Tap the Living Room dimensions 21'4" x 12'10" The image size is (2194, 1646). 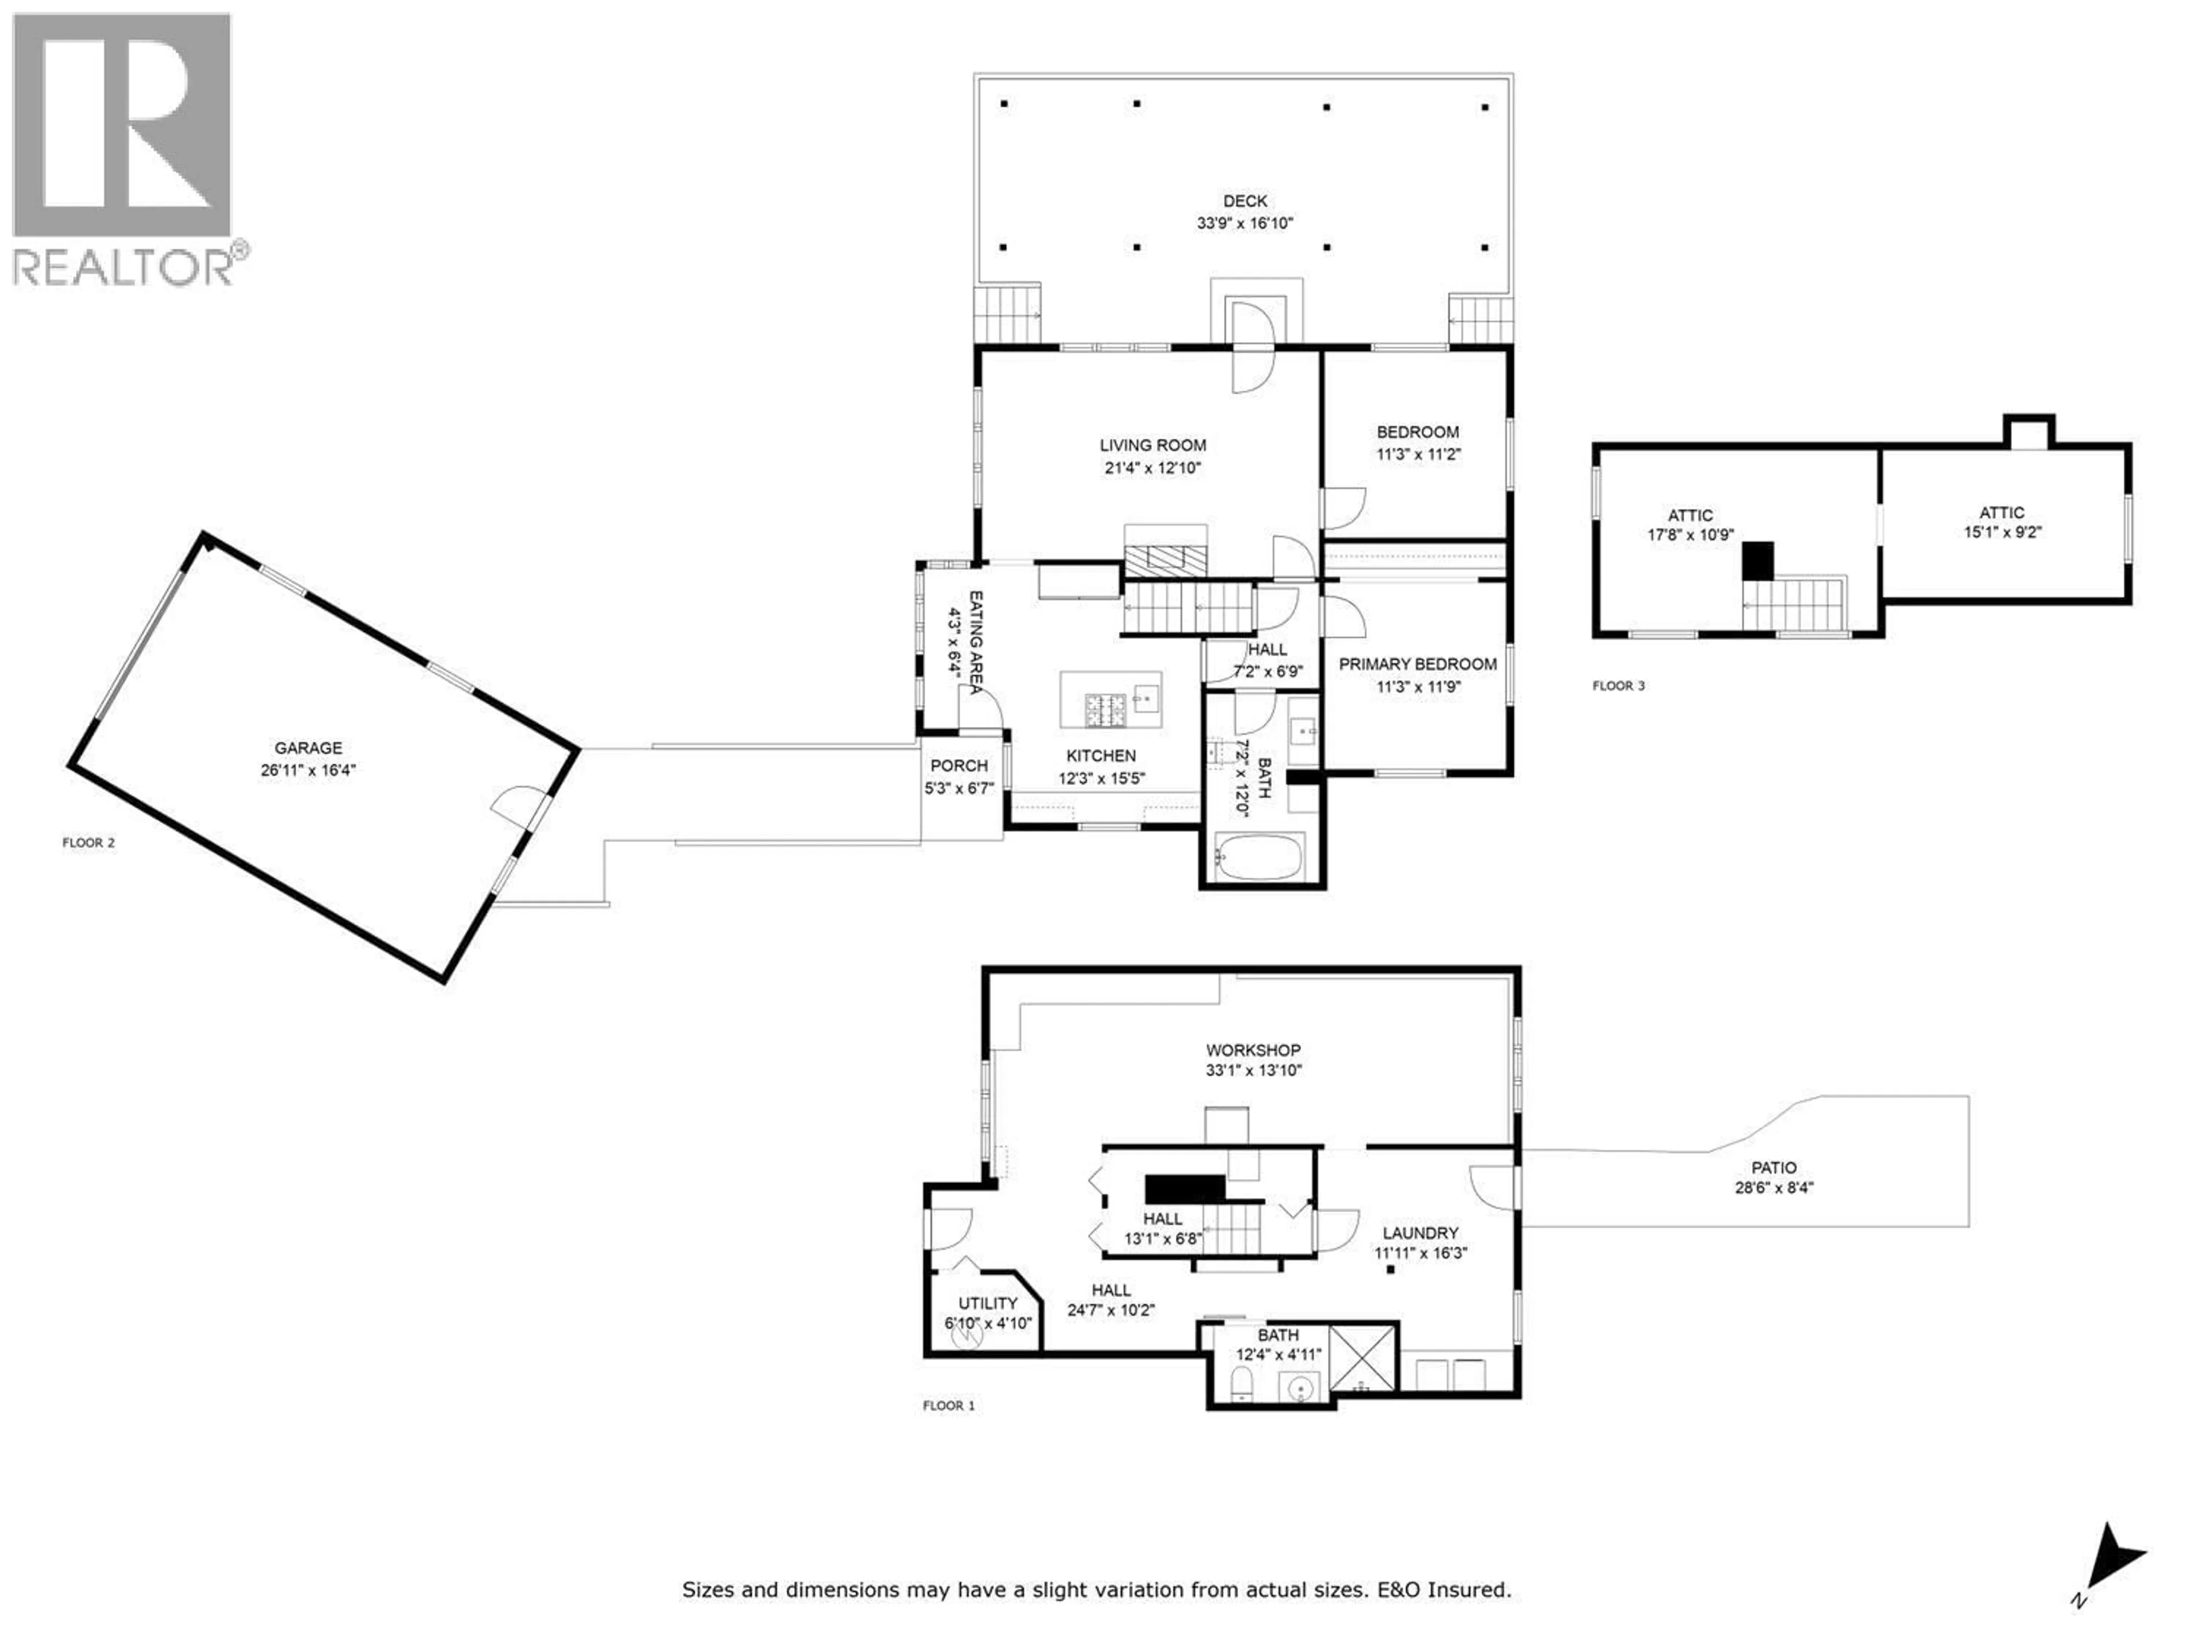tap(1152, 468)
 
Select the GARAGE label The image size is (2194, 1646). tap(309, 748)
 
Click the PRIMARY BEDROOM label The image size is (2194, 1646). tap(1418, 664)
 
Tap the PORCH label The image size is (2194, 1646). tap(958, 766)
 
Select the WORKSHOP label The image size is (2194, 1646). tap(1253, 1050)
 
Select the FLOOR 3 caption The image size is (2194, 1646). tap(1619, 686)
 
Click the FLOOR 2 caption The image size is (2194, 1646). tap(89, 844)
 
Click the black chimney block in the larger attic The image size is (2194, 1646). tap(1759, 561)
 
